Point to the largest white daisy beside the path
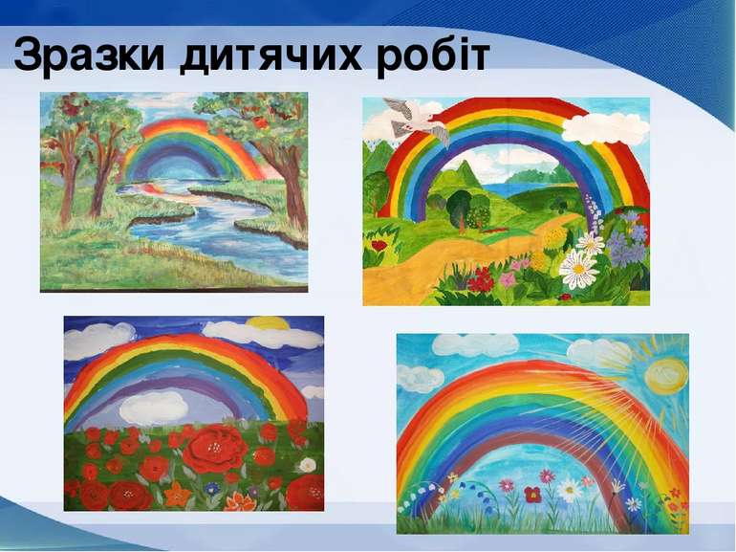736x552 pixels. (578, 269)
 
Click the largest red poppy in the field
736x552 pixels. (214, 450)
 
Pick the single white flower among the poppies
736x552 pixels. (307, 465)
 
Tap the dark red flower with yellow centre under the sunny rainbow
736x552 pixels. (532, 494)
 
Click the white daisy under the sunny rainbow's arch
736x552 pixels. (570, 489)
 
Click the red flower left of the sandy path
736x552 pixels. (380, 245)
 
